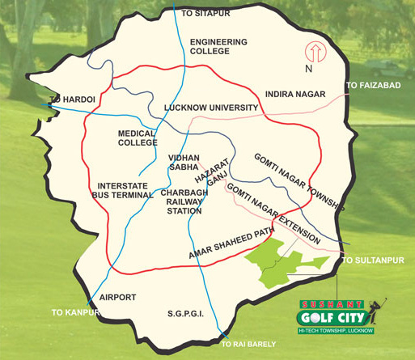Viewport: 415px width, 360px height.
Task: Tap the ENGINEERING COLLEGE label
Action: [x=216, y=47]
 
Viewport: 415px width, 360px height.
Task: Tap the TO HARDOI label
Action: [x=67, y=100]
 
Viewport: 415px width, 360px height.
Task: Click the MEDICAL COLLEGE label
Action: [x=137, y=138]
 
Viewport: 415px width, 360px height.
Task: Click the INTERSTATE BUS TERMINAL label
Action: [x=120, y=191]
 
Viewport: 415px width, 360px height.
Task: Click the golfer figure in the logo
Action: [x=373, y=311]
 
